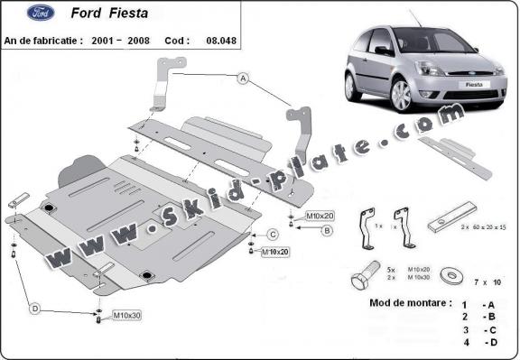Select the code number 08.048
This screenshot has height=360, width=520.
[221, 41]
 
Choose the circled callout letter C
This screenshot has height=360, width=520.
[271, 235]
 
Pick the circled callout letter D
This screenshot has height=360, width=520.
[34, 309]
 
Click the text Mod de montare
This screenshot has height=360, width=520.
[410, 302]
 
